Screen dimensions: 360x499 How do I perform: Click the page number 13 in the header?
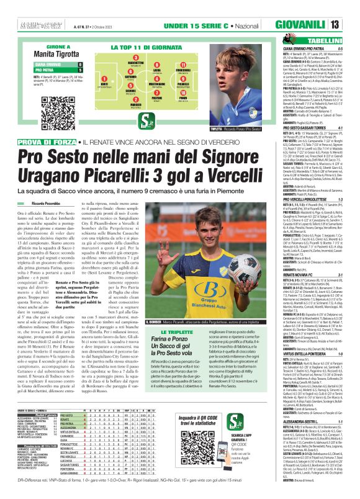click(352, 24)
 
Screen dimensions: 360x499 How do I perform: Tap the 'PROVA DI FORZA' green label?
click(30, 142)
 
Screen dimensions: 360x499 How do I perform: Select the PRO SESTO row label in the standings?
click(68, 414)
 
